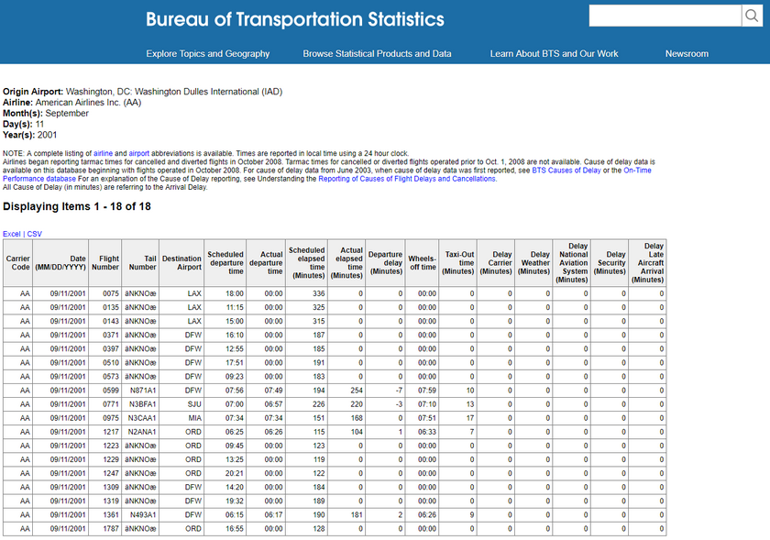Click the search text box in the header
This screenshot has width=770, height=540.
pyautogui.click(x=665, y=16)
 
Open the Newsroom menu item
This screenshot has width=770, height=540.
pyautogui.click(x=687, y=54)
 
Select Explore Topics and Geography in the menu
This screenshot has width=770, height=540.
pyautogui.click(x=208, y=54)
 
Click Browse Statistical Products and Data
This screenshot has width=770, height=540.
pyautogui.click(x=377, y=54)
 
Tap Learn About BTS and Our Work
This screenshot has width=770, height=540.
pyautogui.click(x=554, y=54)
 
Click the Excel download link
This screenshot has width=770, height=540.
pyautogui.click(x=11, y=234)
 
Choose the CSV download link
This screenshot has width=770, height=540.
pyautogui.click(x=35, y=234)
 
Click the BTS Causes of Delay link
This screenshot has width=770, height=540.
pyautogui.click(x=566, y=171)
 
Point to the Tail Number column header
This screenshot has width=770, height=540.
pyautogui.click(x=143, y=264)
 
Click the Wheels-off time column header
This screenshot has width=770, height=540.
pyautogui.click(x=423, y=264)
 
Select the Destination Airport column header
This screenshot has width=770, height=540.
pyautogui.click(x=181, y=264)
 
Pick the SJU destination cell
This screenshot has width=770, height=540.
pyautogui.click(x=193, y=404)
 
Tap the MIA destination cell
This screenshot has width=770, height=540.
pyautogui.click(x=192, y=418)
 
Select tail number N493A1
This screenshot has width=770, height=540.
pyautogui.click(x=142, y=515)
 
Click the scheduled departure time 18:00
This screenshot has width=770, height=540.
pyautogui.click(x=234, y=293)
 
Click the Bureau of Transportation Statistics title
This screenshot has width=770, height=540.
pyautogui.click(x=295, y=19)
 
